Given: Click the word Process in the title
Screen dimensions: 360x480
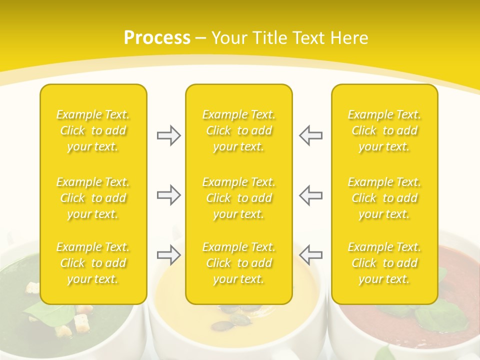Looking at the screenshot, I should [x=157, y=38].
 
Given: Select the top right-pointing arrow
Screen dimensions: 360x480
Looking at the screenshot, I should [x=168, y=135].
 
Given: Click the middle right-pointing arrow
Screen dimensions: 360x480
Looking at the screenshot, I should [x=168, y=195].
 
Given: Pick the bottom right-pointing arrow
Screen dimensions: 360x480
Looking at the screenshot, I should [x=168, y=255].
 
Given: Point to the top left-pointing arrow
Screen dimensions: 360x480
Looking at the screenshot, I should [x=310, y=135].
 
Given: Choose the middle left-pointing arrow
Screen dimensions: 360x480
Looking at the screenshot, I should [x=310, y=195].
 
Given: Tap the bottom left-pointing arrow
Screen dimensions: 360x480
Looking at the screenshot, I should [x=310, y=255].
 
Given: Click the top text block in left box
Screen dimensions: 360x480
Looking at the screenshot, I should [x=93, y=130].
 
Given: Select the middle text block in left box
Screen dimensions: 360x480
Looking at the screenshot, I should [x=93, y=198].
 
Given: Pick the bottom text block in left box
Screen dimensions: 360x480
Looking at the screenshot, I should [x=93, y=263].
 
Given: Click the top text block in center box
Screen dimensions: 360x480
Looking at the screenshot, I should [x=239, y=130].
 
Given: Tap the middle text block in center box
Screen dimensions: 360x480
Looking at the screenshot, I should [x=239, y=198].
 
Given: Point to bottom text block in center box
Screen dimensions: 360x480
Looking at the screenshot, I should [x=239, y=263].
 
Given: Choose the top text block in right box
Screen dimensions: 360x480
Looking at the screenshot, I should [x=384, y=130].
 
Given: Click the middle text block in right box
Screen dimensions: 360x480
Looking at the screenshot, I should [x=384, y=198].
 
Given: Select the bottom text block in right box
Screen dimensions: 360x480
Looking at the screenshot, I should [x=384, y=263].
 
